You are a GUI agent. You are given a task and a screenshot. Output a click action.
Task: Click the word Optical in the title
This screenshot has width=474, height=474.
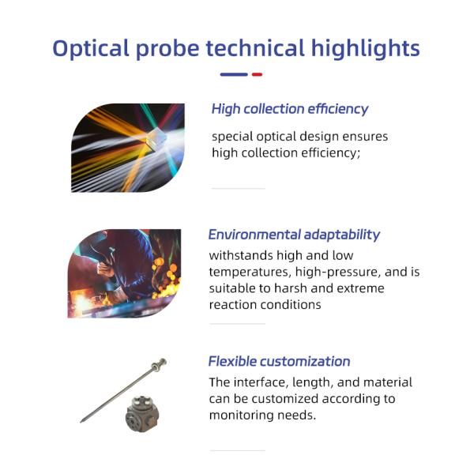(x=88, y=48)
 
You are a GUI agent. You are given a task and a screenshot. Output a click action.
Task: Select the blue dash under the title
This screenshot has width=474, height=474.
(x=233, y=75)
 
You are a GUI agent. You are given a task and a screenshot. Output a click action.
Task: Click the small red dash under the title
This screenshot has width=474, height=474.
(x=257, y=75)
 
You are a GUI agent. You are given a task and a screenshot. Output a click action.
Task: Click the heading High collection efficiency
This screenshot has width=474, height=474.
(x=289, y=109)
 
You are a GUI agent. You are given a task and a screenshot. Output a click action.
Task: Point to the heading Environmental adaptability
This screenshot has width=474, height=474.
(x=294, y=235)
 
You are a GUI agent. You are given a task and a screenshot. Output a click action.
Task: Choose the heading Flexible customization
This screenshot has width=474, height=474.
(x=279, y=361)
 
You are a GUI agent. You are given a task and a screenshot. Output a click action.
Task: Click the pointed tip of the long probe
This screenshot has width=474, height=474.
(x=82, y=420)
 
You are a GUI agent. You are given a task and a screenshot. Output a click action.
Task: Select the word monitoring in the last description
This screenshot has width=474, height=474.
(x=244, y=415)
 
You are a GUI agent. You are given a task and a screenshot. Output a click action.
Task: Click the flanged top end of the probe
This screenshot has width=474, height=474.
(x=161, y=365)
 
